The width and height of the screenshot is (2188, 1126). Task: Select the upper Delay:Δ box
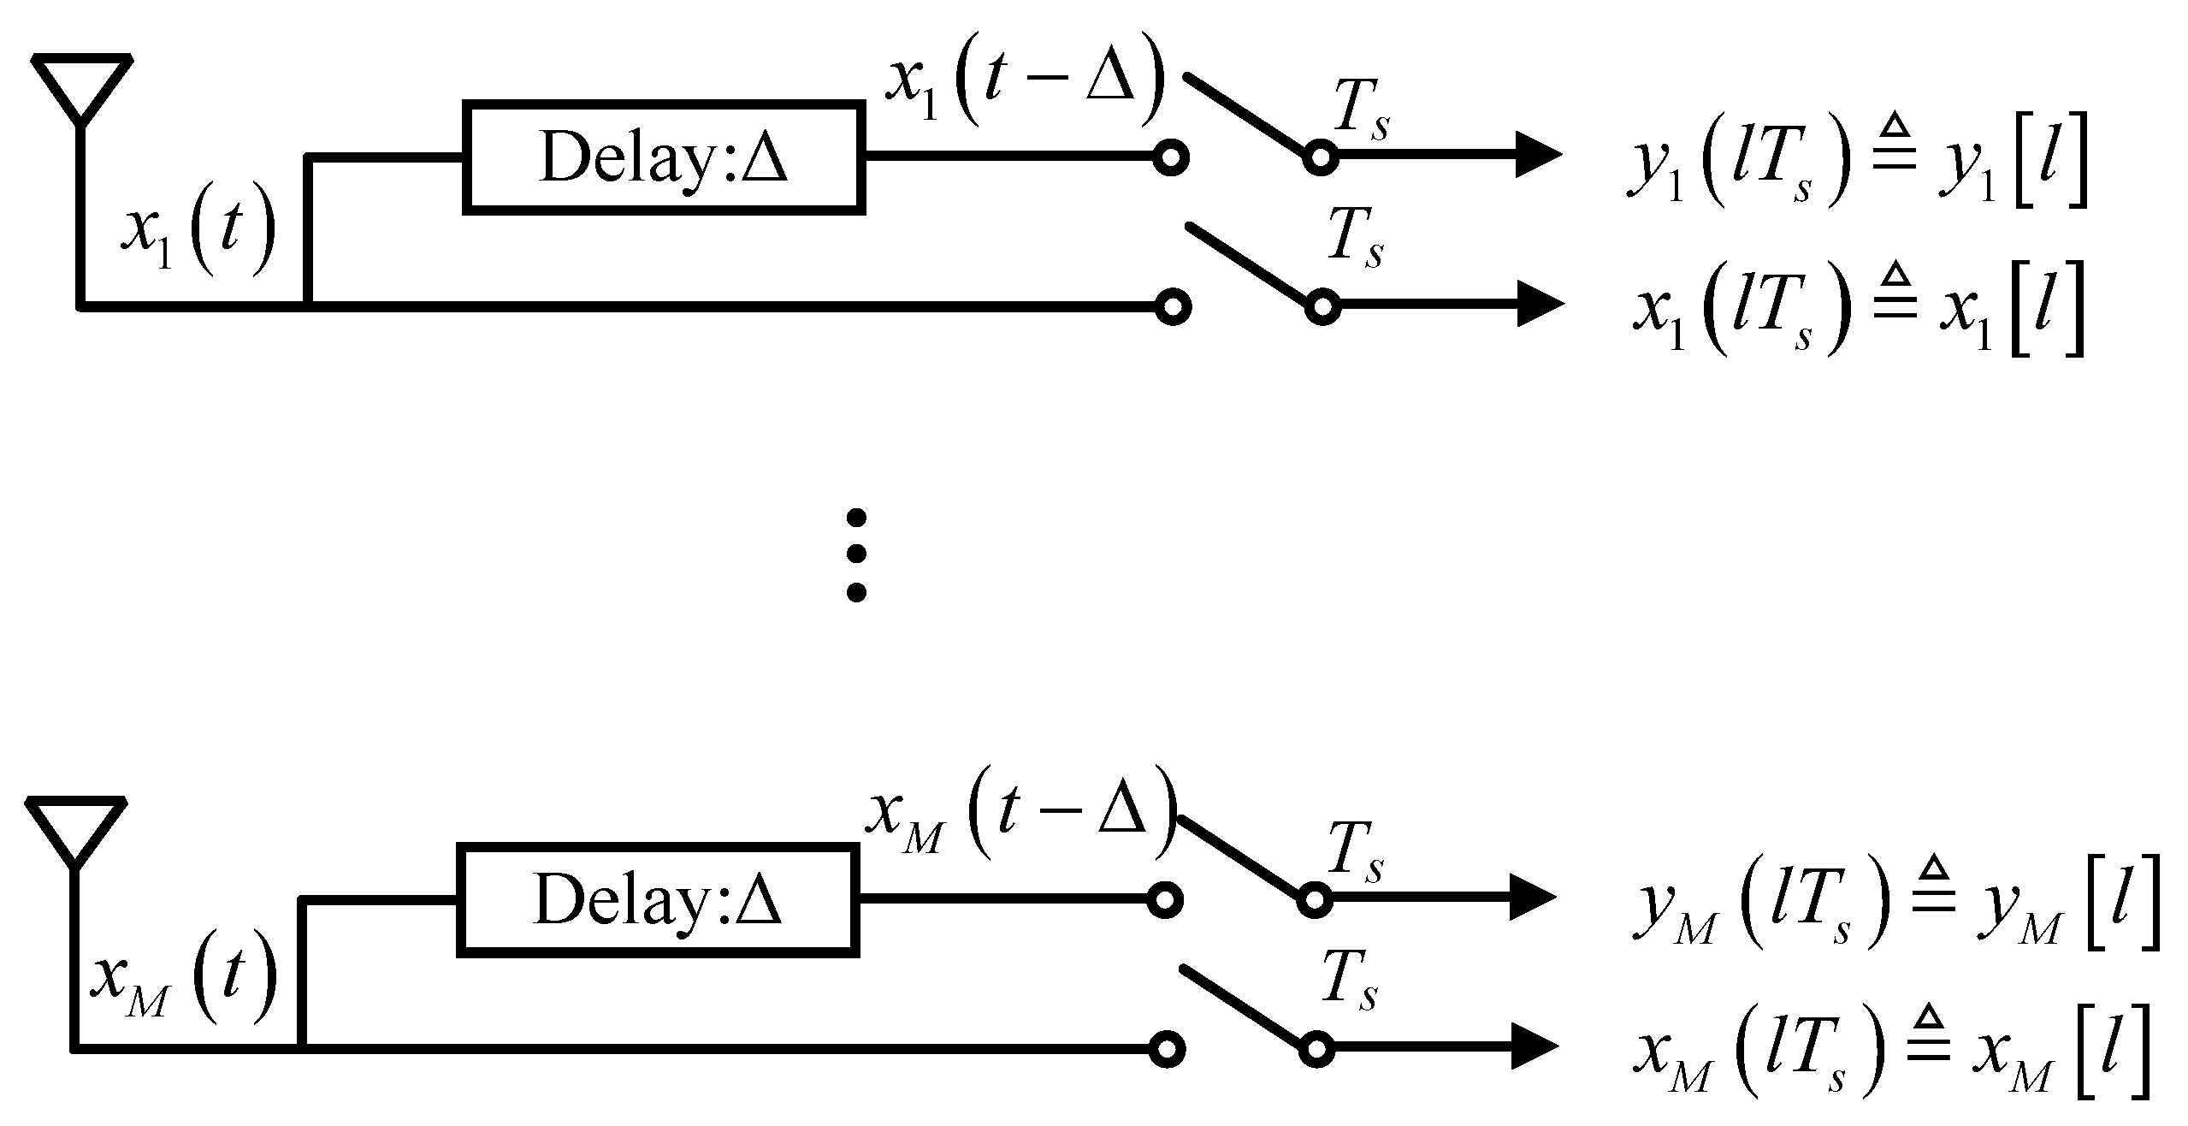click(x=664, y=157)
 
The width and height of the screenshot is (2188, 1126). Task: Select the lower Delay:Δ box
click(x=658, y=900)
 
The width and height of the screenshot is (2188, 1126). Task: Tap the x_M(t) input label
click(x=183, y=978)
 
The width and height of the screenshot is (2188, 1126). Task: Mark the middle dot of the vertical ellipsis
click(x=855, y=554)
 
